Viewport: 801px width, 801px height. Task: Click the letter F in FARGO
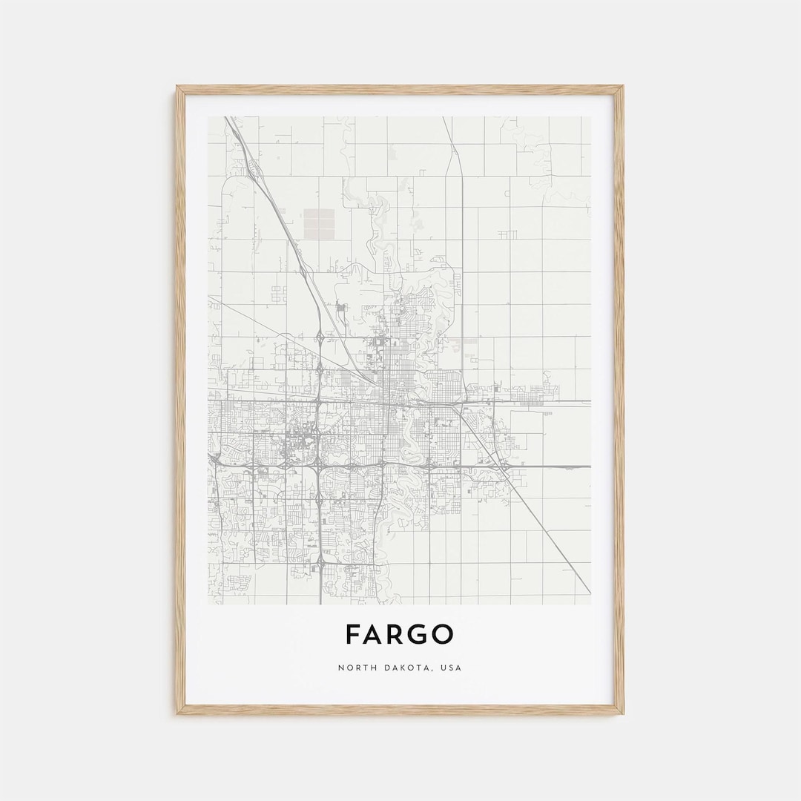[354, 634]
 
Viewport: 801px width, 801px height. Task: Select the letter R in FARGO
[398, 634]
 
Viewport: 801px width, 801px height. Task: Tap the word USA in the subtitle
[451, 667]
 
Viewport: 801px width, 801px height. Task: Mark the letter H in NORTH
[369, 667]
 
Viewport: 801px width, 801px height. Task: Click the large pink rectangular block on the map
[320, 223]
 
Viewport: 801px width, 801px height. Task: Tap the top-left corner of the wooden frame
[179, 88]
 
